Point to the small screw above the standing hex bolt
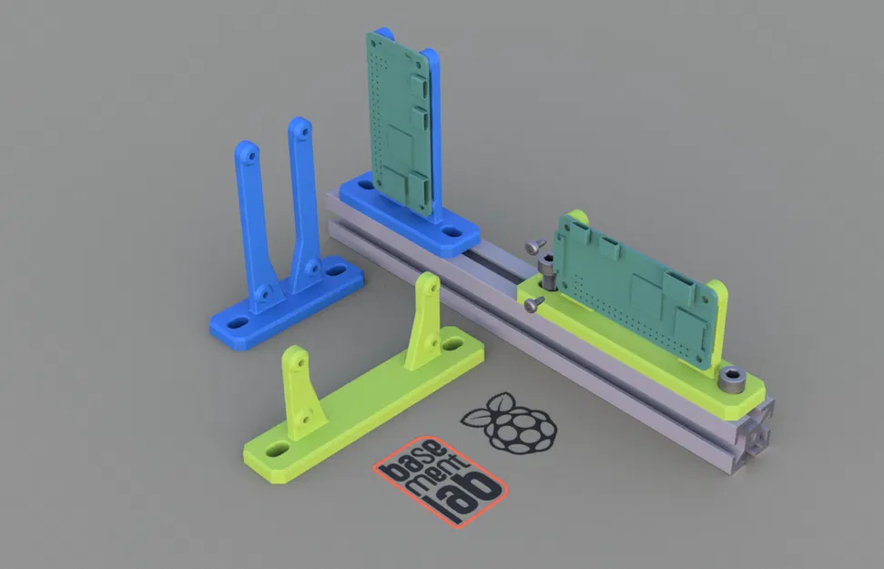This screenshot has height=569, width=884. (533, 246)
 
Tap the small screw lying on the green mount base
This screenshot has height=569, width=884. (534, 303)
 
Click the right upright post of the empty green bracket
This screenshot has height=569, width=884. (423, 320)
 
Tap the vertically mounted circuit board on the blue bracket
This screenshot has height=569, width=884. (401, 118)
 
